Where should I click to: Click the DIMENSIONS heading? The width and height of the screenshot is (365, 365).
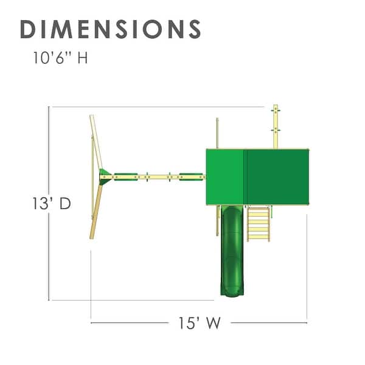coord(111,29)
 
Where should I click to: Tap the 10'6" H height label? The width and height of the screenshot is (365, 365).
coord(60,58)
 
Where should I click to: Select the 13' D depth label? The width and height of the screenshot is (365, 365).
coord(52,203)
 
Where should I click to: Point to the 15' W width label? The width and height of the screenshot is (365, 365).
coord(200,323)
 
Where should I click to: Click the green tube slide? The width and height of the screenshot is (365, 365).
coord(232,251)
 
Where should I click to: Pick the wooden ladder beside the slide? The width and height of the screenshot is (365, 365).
coord(259,223)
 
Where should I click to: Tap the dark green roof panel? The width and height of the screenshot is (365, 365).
coord(277,177)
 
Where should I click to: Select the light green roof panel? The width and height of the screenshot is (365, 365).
coord(225,177)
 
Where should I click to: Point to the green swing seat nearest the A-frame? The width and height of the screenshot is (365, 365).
coord(126,176)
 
